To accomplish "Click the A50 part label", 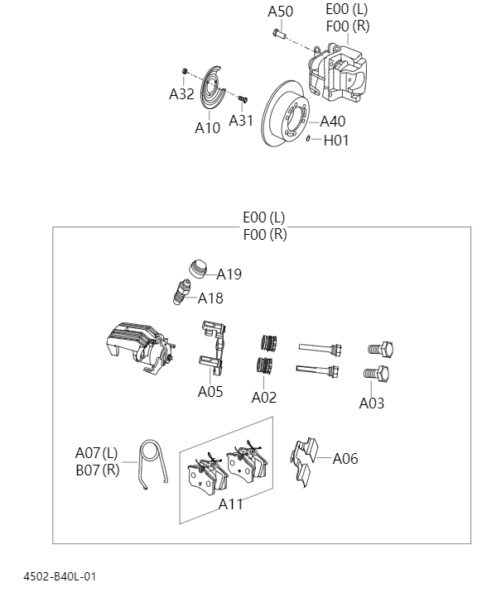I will pos(280,12).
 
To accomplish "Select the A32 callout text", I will pos(181,94).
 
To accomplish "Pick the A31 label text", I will pos(241,121).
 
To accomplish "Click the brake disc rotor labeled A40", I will pos(284,120).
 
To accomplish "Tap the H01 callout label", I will pos(335,141).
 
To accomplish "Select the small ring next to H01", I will pos(308,139).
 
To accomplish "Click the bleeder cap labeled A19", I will pos(198,270).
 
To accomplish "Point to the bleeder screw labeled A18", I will pos(184,293).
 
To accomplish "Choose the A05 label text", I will pos(210,392).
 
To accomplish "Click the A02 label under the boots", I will pos(263,398).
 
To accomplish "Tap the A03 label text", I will pos(371,403).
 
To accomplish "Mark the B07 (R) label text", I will pos(97,469).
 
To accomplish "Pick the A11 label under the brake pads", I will pos(230,504).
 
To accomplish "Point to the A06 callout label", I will pos(345,458).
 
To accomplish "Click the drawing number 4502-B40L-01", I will pos(60,575).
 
